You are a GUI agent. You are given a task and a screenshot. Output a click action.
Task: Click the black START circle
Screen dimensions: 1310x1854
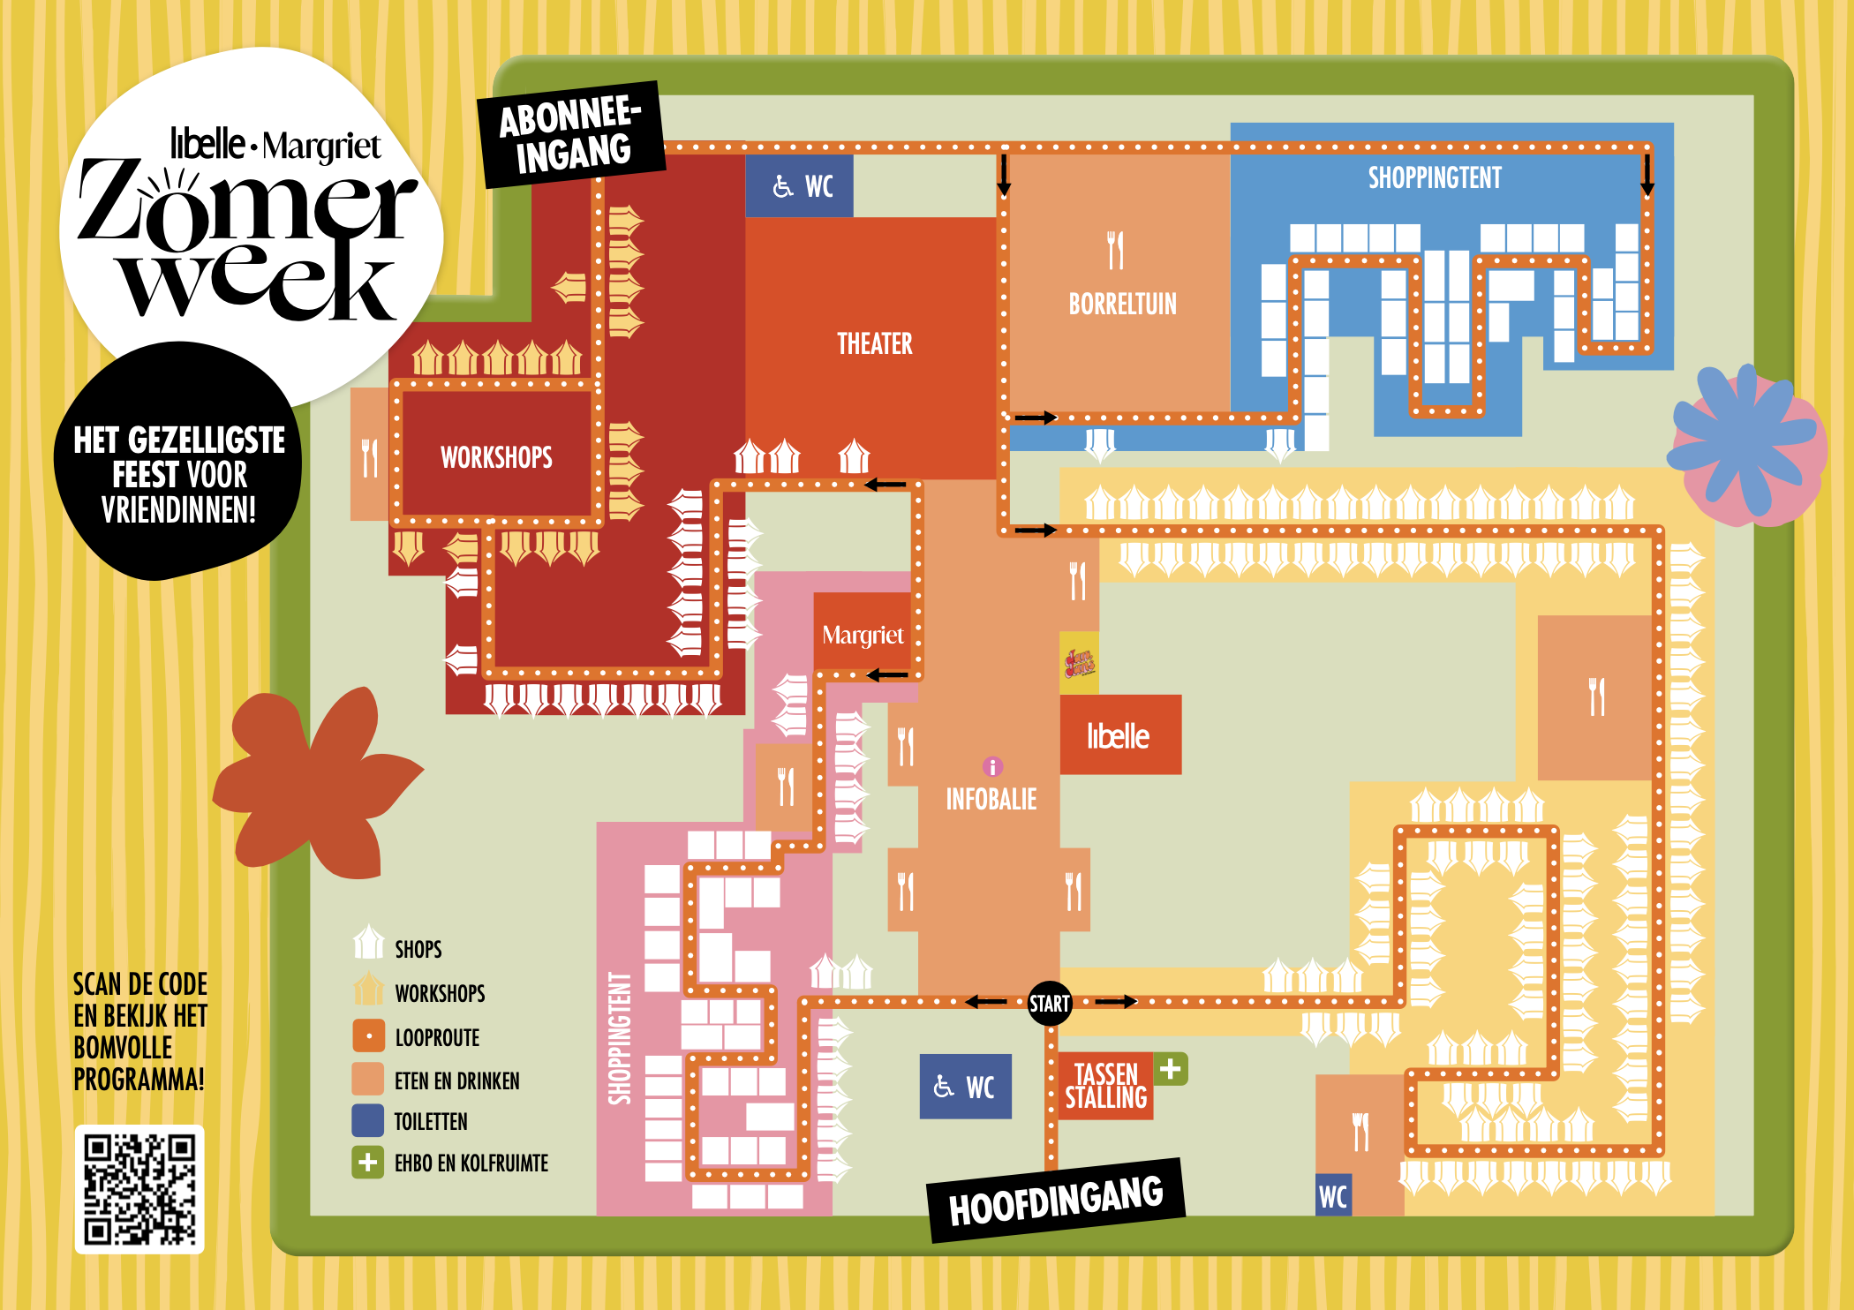1049,1004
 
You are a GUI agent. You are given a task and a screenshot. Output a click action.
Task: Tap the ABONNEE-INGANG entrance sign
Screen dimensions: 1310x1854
571,135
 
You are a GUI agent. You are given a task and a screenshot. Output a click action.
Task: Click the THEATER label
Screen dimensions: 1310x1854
874,343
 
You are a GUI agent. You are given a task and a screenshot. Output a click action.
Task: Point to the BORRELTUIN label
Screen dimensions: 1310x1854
1122,305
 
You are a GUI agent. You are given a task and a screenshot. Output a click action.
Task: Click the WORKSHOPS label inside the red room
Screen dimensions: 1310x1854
496,457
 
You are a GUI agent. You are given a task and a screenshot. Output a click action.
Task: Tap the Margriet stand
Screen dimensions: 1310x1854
863,634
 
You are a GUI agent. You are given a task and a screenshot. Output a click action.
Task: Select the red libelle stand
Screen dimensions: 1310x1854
1119,735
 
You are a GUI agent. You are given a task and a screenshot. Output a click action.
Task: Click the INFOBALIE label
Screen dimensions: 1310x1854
991,800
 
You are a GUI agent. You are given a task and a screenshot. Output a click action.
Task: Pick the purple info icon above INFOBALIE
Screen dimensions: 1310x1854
992,765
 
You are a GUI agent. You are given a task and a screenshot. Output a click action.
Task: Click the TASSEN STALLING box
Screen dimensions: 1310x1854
1105,1087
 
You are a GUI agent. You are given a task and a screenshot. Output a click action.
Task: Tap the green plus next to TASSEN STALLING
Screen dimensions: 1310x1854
1171,1069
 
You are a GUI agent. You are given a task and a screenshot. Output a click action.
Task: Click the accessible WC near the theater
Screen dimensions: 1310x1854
800,186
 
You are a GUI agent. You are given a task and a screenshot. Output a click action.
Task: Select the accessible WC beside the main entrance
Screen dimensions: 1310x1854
965,1087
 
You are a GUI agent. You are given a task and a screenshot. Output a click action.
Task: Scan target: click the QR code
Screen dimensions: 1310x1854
139,1189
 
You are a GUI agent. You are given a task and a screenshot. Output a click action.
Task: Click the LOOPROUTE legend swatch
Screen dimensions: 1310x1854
368,1036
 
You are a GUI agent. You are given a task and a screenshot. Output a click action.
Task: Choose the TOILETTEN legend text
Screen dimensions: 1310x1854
431,1122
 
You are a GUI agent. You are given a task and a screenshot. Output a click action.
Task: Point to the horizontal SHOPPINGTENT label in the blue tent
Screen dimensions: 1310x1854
1435,178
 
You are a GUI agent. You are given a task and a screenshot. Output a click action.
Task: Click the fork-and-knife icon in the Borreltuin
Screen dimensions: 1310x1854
1116,250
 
